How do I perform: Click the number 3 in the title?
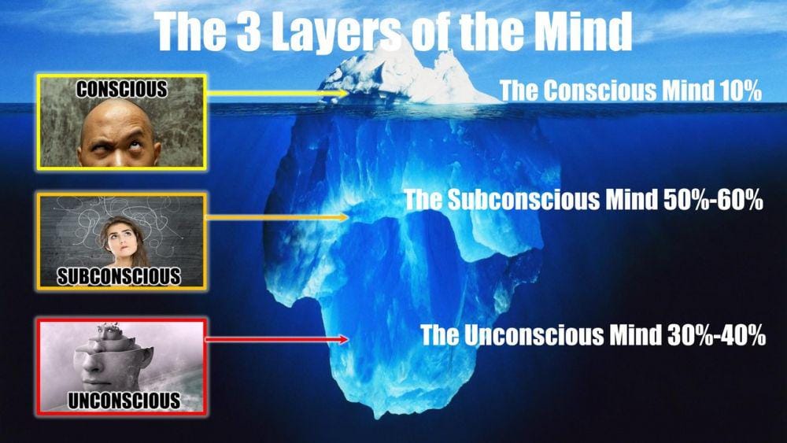click(x=249, y=31)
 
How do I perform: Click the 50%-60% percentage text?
click(x=713, y=200)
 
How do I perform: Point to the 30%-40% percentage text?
click(x=716, y=335)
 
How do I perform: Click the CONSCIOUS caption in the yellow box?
click(x=121, y=89)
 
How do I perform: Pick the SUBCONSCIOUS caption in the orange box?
click(x=119, y=276)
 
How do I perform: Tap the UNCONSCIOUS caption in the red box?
click(x=124, y=401)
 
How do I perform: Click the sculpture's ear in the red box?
click(x=146, y=357)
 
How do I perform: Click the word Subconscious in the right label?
click(x=523, y=200)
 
